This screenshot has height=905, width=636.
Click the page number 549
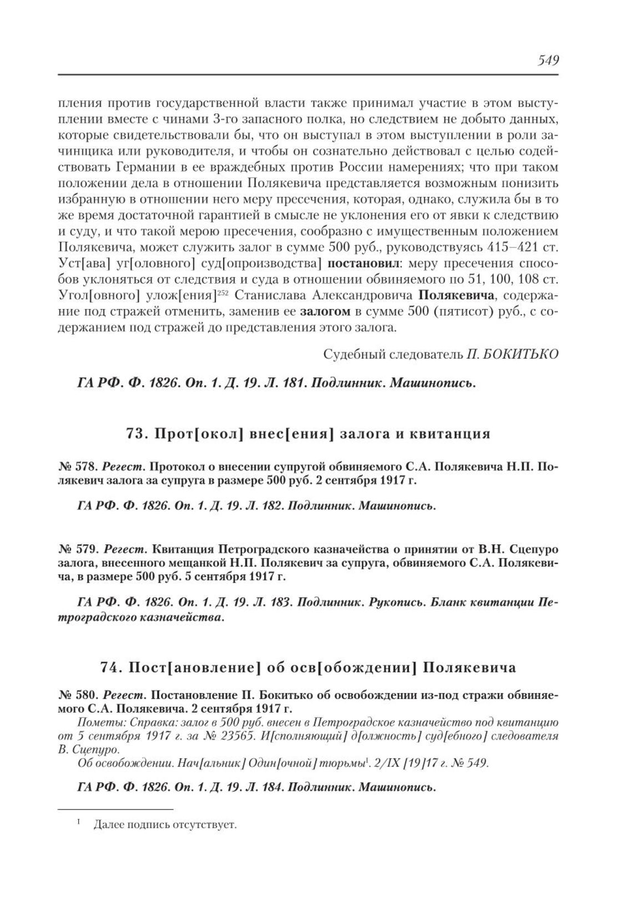pyautogui.click(x=547, y=60)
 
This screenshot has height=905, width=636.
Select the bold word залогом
pyautogui.click(x=325, y=311)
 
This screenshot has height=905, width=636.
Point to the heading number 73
pyautogui.click(x=137, y=434)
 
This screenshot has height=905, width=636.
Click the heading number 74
pyautogui.click(x=110, y=668)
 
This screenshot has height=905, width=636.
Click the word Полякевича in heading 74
pyautogui.click(x=469, y=668)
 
